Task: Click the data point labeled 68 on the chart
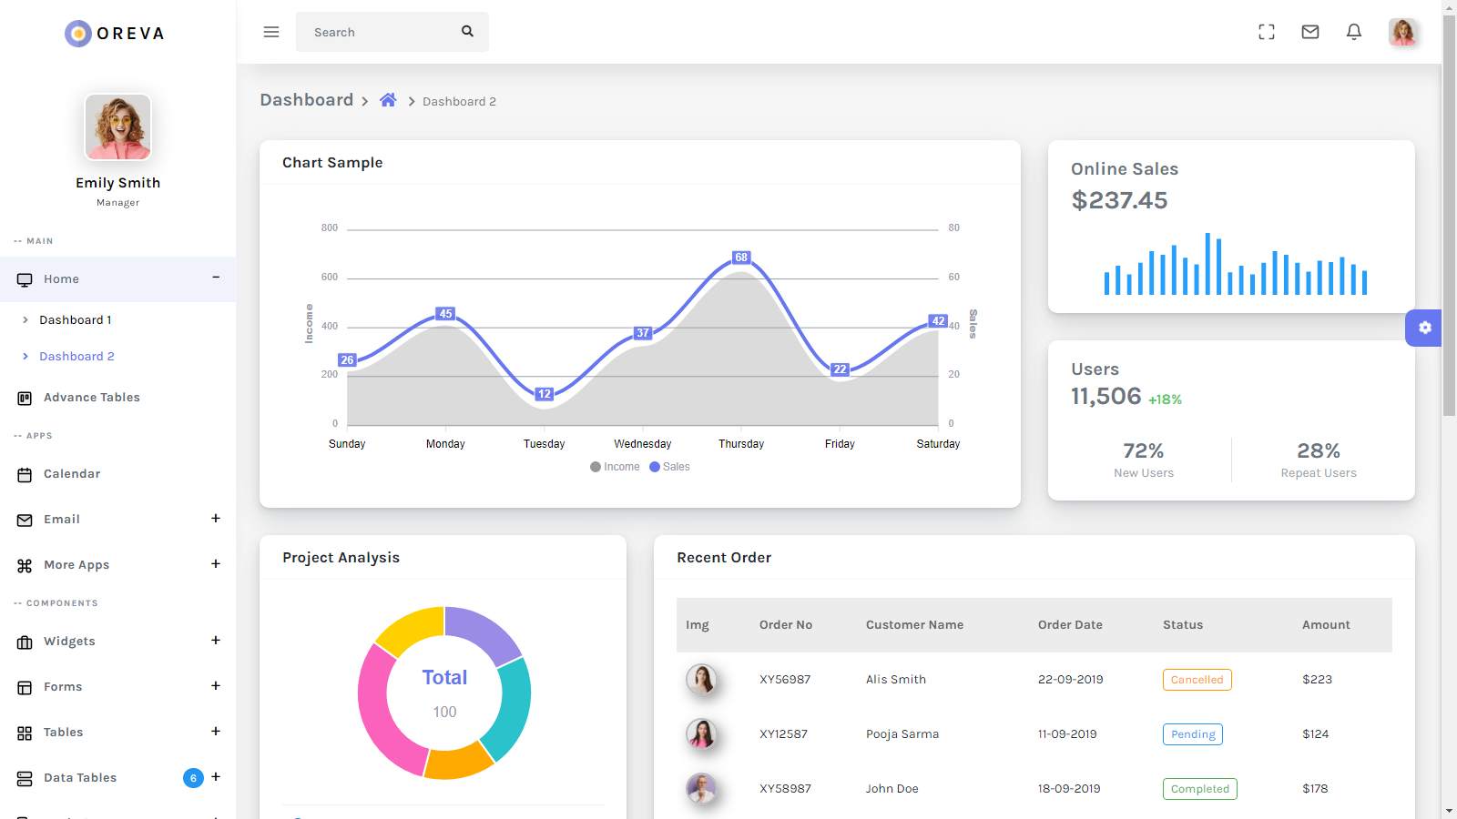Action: tap(741, 258)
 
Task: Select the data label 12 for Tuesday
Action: tap(544, 394)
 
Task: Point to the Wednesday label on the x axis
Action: tap(642, 444)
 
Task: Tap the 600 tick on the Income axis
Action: tap(330, 277)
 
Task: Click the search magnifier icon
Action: tap(467, 31)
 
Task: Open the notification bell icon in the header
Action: tap(1354, 32)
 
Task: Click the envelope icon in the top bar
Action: tap(1310, 32)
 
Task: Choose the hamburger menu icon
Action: tap(271, 32)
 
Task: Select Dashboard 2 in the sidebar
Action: tap(76, 357)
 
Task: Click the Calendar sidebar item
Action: tap(72, 474)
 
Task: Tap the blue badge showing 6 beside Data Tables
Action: tap(193, 778)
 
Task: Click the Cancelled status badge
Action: tap(1197, 680)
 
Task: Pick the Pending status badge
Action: tap(1193, 734)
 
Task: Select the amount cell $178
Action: tap(1315, 789)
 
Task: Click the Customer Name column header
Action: tap(914, 625)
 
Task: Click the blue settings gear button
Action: tap(1424, 328)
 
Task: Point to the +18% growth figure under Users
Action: tap(1165, 399)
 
